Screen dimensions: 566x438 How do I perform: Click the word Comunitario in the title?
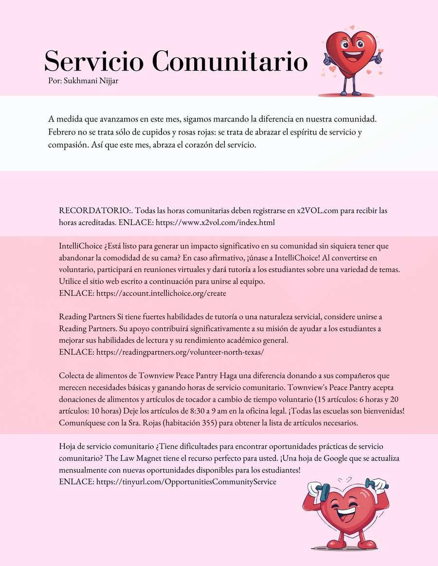coord(233,62)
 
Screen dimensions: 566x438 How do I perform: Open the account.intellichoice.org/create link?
coord(161,293)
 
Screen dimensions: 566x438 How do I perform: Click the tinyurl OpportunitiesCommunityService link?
coord(186,482)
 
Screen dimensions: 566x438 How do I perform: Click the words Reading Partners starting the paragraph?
coord(87,317)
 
